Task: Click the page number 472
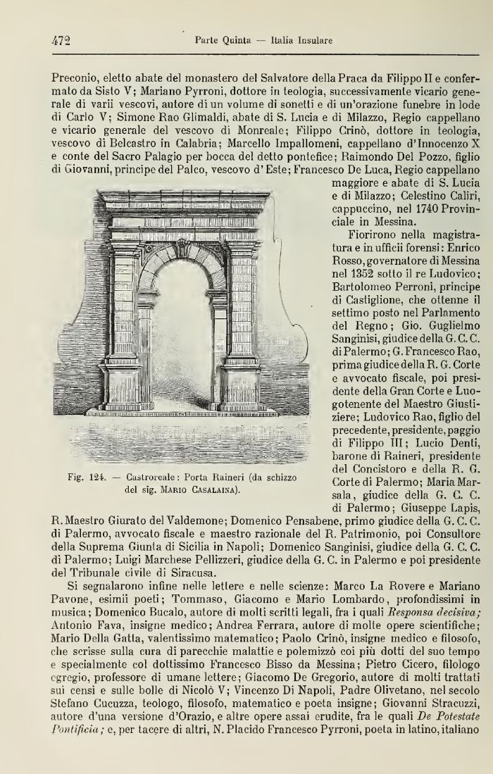pyautogui.click(x=60, y=41)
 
